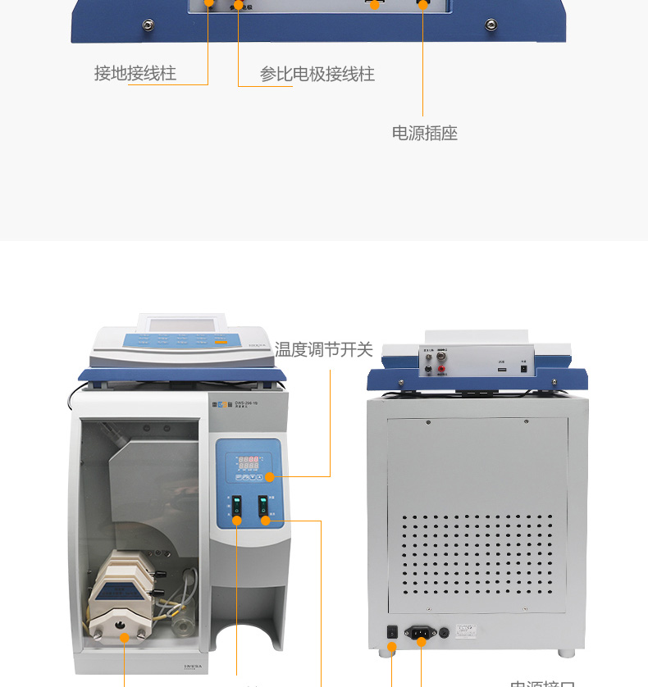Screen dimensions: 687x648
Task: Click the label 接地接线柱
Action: (135, 74)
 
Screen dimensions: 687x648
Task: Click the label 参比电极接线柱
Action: (317, 75)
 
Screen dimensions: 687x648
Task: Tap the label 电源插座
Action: (424, 133)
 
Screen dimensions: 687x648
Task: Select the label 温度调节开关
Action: (324, 350)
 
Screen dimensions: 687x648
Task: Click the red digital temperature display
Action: (249, 462)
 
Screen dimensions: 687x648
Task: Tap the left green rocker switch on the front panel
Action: (237, 507)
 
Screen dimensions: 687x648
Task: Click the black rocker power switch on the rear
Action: (392, 632)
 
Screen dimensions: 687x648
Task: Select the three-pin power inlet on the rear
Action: (421, 632)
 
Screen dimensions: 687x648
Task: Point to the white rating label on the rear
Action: (468, 630)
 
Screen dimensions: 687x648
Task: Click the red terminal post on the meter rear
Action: (442, 370)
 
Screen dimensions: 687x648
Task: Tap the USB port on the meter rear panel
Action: (500, 370)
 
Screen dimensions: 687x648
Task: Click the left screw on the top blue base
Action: (148, 25)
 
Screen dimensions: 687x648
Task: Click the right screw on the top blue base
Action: (491, 25)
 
